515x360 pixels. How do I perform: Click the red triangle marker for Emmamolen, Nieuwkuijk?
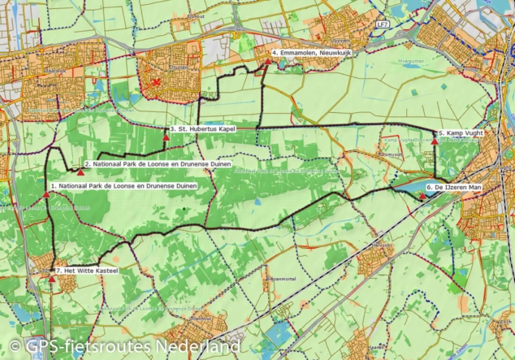click(267, 61)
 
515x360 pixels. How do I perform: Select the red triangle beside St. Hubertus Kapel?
click(166, 137)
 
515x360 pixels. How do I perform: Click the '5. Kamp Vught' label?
click(463, 132)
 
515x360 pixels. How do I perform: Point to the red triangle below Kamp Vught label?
click(435, 141)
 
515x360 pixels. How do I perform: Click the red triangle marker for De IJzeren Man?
click(422, 195)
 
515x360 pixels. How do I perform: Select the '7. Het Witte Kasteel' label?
click(87, 270)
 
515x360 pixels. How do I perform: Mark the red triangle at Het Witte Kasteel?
click(52, 279)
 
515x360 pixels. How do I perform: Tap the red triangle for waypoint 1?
click(46, 193)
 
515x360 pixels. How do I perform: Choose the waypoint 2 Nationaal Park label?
click(158, 164)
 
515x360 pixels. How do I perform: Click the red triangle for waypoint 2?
click(81, 171)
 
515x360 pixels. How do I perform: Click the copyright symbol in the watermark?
click(14, 348)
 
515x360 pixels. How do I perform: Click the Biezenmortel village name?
click(279, 278)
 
